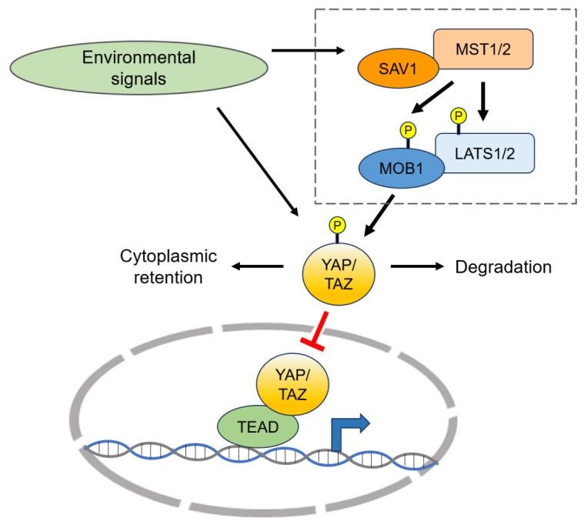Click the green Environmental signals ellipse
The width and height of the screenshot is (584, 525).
point(138,67)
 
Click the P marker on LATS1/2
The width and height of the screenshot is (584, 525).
point(459,115)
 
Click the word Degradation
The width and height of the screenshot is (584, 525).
point(504,267)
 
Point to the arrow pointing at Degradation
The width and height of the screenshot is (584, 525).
point(418,267)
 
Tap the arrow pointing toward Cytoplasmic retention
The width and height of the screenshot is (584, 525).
point(259,267)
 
